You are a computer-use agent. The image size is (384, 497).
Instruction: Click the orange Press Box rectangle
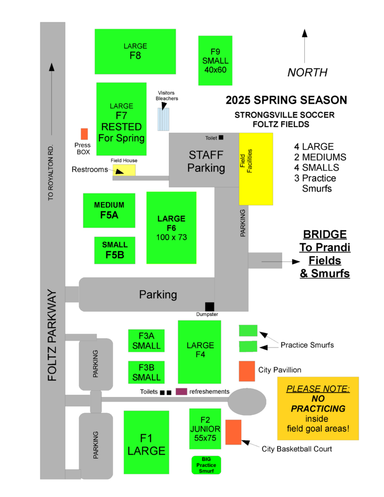(84, 134)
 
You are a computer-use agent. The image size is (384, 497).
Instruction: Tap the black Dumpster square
(209, 306)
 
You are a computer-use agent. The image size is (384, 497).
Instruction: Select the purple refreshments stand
(182, 392)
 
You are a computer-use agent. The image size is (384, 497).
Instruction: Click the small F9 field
(215, 60)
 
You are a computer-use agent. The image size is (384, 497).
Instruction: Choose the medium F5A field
(109, 210)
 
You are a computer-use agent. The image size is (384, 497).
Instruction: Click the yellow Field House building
(124, 170)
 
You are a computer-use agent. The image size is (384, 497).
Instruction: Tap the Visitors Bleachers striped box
(164, 119)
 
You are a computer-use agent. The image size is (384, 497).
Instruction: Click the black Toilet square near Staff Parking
(221, 137)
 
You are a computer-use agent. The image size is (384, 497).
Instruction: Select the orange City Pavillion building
(247, 371)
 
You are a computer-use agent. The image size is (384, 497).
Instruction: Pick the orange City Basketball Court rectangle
(233, 432)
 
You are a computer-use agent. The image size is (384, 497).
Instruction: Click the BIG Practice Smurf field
(206, 465)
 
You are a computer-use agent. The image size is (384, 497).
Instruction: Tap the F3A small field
(146, 341)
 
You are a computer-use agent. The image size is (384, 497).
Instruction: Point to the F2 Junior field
(205, 429)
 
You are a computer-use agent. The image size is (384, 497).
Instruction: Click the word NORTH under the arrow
(307, 72)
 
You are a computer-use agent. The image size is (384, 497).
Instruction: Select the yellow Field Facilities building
(256, 168)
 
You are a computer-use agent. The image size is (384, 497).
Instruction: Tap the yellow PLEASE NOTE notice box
(318, 409)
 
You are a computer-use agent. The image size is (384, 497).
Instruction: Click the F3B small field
(146, 372)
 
